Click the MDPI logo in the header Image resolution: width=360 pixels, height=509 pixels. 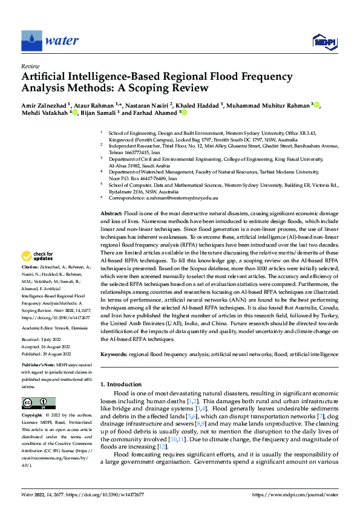[324, 41]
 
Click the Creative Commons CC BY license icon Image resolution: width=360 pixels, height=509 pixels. [38, 403]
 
